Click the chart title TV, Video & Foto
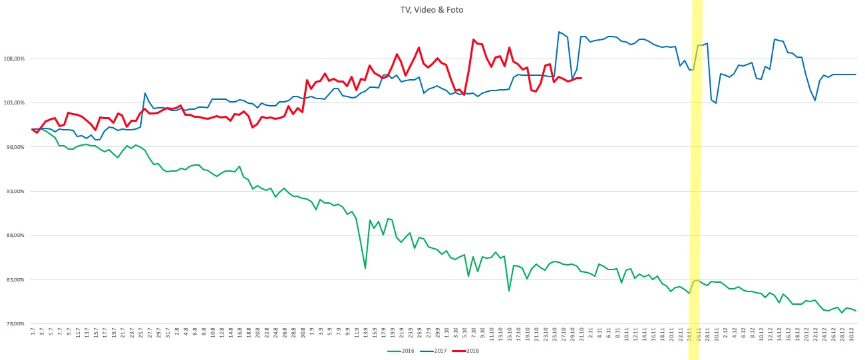point(432,10)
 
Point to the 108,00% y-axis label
point(14,59)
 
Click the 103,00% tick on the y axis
point(14,102)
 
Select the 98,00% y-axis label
point(14,147)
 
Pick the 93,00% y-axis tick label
point(14,191)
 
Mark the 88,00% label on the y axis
point(14,236)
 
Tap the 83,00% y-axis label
point(14,279)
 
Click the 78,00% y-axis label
point(14,324)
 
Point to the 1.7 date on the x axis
point(33,331)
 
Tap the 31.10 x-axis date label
point(581,332)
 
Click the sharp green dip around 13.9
point(365,268)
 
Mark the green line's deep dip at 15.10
point(509,291)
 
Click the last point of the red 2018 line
point(581,78)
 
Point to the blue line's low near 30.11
point(716,103)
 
